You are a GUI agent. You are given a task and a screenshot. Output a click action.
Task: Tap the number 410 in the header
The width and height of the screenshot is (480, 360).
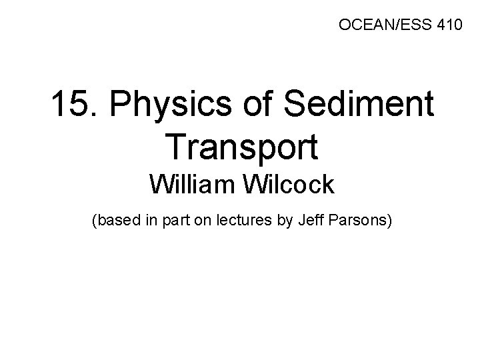click(445, 26)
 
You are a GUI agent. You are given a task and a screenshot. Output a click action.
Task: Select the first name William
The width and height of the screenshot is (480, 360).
click(191, 183)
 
